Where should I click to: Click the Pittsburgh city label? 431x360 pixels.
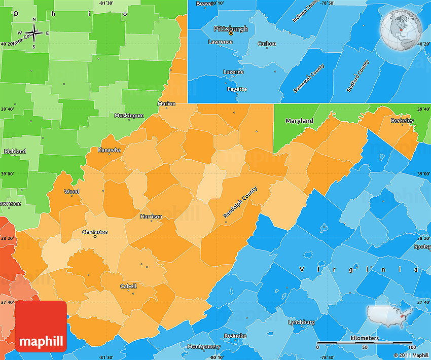click(x=231, y=29)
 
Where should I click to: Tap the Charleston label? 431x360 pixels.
click(x=95, y=232)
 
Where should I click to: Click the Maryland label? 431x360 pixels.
click(x=299, y=121)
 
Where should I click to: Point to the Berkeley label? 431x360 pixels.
click(x=402, y=121)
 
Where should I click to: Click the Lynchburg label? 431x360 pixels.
click(x=301, y=322)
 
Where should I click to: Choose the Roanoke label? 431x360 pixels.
click(x=235, y=336)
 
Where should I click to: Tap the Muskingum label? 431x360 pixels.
click(x=129, y=116)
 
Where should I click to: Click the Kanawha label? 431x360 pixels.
click(x=110, y=150)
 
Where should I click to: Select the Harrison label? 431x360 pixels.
click(x=152, y=217)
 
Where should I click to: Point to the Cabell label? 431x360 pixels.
click(x=128, y=286)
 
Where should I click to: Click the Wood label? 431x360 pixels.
click(x=71, y=192)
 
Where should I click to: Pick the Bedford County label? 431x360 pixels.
click(x=358, y=76)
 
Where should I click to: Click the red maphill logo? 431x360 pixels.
click(x=41, y=326)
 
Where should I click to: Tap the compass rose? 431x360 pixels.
click(x=34, y=33)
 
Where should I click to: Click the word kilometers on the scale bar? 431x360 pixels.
click(x=364, y=337)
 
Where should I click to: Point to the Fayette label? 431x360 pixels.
click(x=237, y=89)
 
